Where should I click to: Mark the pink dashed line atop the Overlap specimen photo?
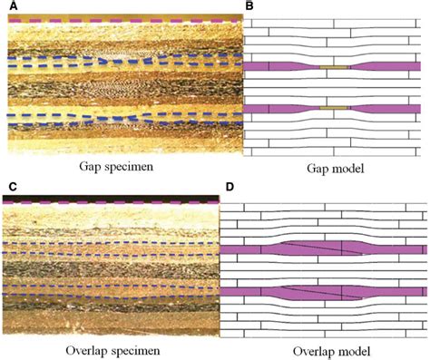[112, 203]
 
